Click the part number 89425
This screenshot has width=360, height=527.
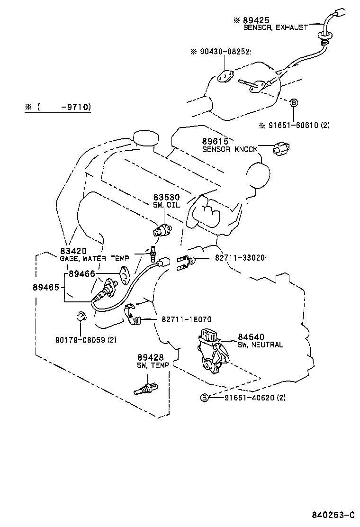click(256, 20)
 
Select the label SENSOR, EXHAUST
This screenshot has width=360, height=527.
click(275, 27)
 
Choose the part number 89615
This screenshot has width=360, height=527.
click(216, 141)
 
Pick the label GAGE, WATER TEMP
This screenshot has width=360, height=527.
click(94, 258)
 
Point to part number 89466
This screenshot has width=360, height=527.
click(82, 274)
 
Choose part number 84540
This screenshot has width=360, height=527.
click(254, 337)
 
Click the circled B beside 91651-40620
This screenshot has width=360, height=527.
click(204, 397)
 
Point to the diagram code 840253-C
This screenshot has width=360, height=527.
click(333, 515)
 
